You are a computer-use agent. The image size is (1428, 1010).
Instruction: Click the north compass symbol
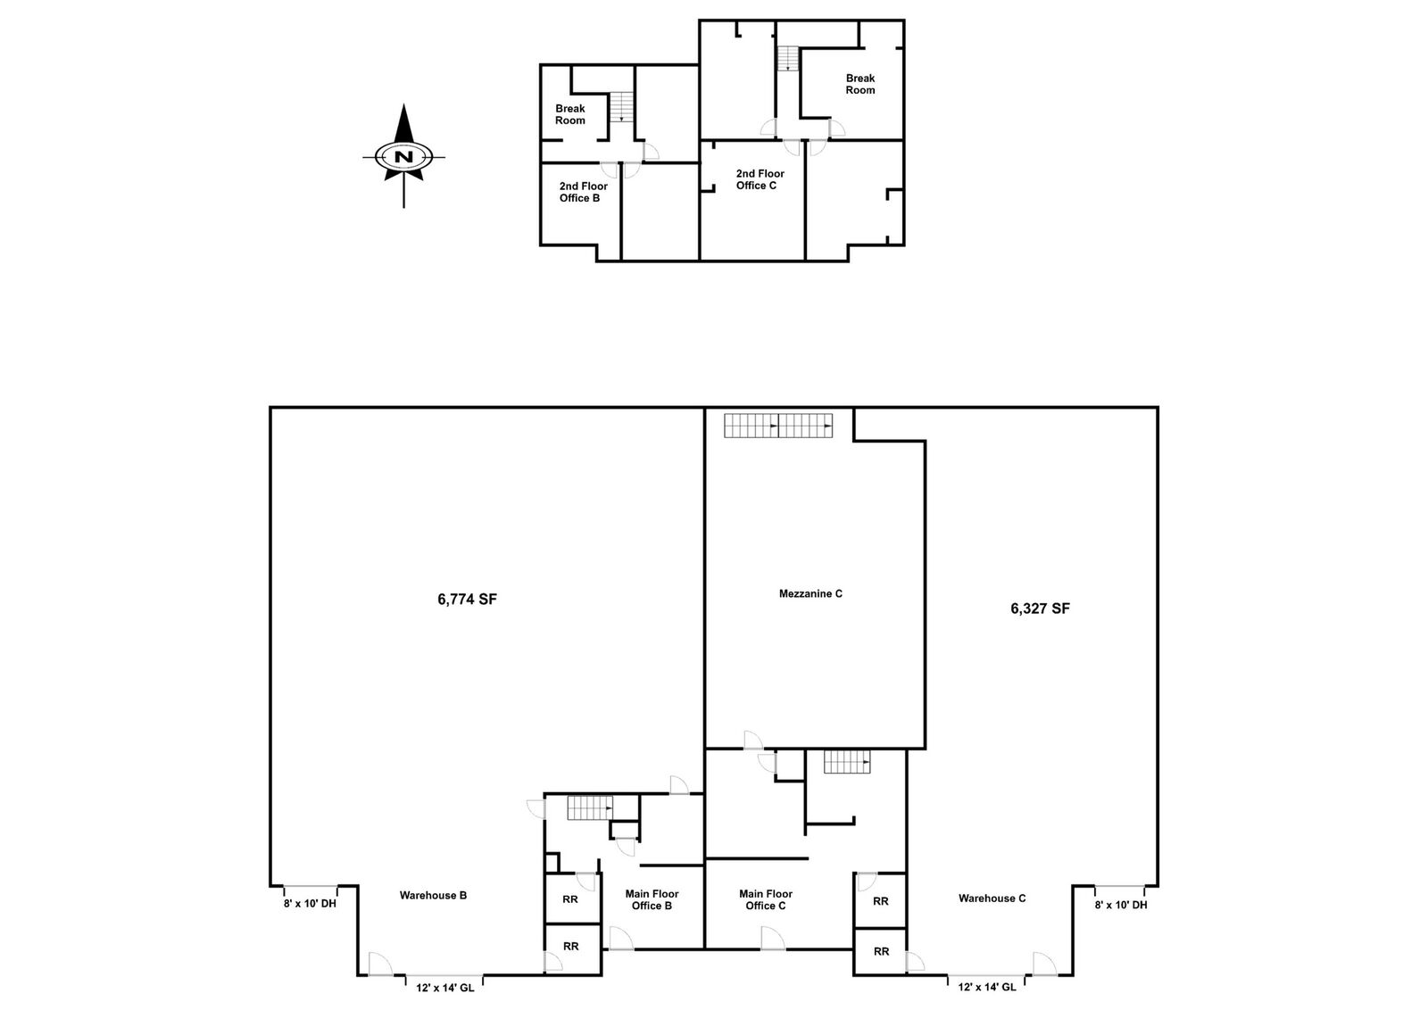[x=403, y=156]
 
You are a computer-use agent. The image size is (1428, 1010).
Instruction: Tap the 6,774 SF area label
[x=468, y=599]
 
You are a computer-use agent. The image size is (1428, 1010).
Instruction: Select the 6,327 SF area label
[x=1040, y=608]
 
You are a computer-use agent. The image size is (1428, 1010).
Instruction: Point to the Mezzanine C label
[x=810, y=594]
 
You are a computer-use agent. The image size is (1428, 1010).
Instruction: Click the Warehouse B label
[x=433, y=895]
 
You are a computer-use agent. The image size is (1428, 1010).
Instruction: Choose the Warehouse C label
[x=992, y=898]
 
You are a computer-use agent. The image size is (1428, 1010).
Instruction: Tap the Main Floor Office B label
[x=652, y=899]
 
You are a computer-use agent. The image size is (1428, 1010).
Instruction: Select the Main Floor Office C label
[x=766, y=899]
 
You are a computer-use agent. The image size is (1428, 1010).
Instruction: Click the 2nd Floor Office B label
[x=584, y=192]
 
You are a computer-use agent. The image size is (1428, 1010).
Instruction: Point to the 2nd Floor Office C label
[x=760, y=179]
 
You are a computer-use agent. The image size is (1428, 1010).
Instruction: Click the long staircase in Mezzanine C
[x=778, y=426]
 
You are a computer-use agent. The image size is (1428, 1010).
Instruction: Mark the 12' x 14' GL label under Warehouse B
[x=445, y=988]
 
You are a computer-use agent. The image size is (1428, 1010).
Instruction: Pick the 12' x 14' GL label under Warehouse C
[x=987, y=987]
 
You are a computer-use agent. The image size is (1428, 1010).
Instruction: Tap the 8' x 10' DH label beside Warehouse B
[x=310, y=904]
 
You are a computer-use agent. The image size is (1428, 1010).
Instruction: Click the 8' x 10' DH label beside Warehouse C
[x=1121, y=904]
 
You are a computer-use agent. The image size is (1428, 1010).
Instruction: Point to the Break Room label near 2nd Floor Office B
[x=570, y=115]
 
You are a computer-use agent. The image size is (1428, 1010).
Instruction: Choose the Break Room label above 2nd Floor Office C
[x=860, y=84]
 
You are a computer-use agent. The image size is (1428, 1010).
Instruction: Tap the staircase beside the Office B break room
[x=621, y=107]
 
